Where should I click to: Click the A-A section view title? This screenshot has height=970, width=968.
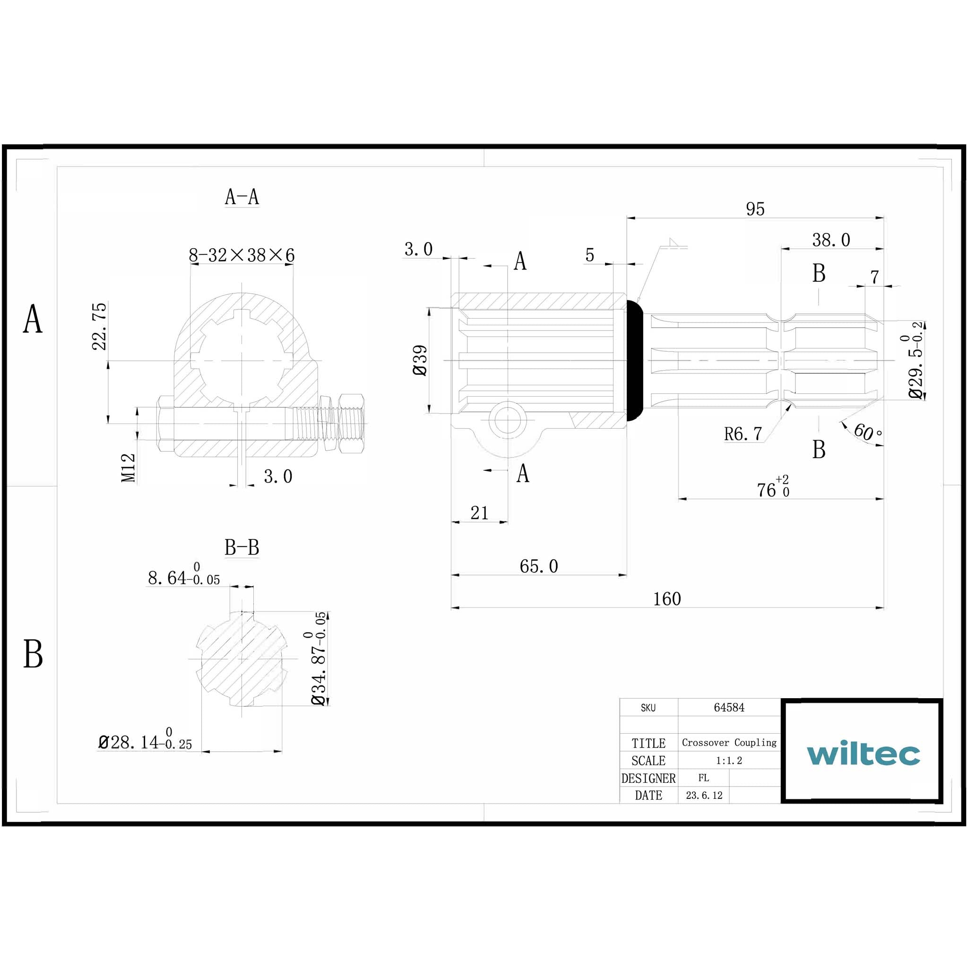[242, 197]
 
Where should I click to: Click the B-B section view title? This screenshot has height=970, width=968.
[242, 547]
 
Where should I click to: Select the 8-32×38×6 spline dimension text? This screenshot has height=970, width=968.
[242, 255]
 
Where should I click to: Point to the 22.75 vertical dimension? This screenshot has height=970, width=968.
[99, 326]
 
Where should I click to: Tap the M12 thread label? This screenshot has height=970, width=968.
[129, 468]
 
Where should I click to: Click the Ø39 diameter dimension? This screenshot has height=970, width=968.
[420, 360]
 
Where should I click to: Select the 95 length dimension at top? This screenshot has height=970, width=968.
[755, 209]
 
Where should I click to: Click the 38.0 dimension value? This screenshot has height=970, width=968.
[831, 240]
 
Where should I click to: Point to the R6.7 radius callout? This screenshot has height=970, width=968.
[743, 434]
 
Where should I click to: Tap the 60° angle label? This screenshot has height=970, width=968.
[867, 432]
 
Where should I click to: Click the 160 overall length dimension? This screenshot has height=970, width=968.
[667, 599]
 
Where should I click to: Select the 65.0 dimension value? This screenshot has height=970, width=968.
[538, 566]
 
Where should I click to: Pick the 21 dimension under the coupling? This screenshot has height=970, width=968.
[479, 513]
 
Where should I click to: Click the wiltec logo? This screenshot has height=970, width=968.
[863, 753]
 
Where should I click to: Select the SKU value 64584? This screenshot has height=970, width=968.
[728, 708]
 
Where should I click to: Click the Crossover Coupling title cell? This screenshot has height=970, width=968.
[728, 743]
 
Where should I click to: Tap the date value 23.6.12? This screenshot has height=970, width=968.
[703, 795]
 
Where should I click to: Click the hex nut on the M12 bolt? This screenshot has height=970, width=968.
[351, 423]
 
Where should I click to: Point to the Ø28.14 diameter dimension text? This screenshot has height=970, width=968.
[145, 742]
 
